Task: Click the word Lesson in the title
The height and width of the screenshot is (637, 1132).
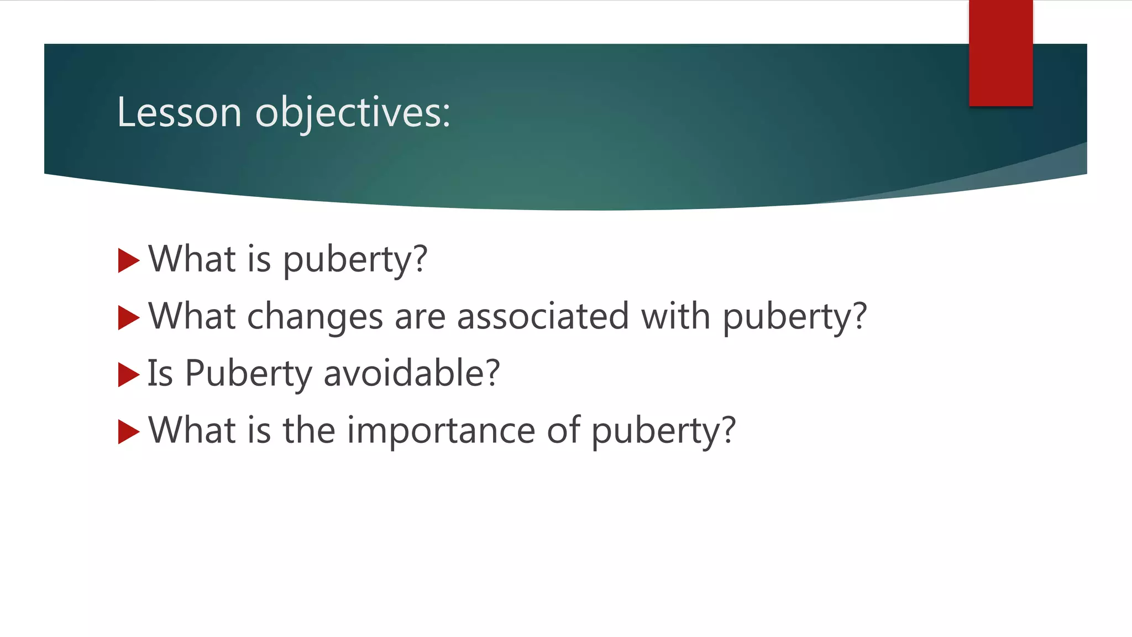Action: click(x=179, y=112)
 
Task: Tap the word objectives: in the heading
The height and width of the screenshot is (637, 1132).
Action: click(x=353, y=112)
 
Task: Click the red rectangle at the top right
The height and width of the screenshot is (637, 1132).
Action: click(x=1000, y=53)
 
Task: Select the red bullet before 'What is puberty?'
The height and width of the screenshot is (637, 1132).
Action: click(x=128, y=260)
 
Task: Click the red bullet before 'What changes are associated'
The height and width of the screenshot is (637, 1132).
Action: click(x=128, y=318)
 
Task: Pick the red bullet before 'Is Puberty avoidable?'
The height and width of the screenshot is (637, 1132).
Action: click(x=128, y=375)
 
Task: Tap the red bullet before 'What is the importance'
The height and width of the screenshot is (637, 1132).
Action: click(x=128, y=432)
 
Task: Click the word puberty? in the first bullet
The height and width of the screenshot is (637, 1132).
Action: click(x=355, y=260)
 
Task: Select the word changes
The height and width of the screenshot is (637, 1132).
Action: click(x=315, y=317)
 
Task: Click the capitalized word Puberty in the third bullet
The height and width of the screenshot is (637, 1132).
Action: click(x=248, y=374)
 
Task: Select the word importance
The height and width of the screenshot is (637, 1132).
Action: click(x=441, y=431)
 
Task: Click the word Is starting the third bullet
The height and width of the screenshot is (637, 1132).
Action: click(x=160, y=373)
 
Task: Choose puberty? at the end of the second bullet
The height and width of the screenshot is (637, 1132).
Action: click(x=795, y=317)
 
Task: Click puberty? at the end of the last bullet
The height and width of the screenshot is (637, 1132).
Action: click(x=664, y=431)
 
